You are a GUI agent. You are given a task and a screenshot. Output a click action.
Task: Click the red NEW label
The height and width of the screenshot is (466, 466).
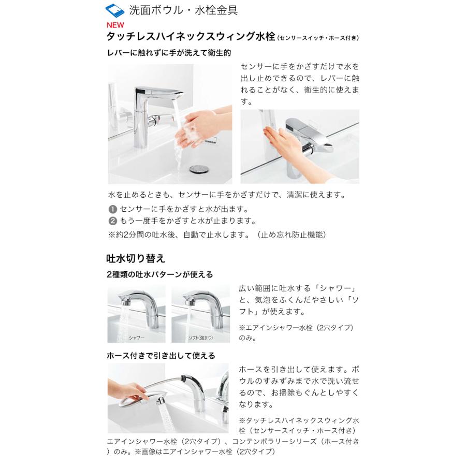click(x=115, y=25)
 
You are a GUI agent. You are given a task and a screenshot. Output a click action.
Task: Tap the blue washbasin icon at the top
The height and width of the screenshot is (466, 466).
click(x=115, y=11)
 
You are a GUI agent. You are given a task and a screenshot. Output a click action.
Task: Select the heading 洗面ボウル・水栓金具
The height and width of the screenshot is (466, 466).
click(x=183, y=10)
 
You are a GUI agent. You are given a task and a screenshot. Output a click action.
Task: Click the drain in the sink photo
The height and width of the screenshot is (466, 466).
click(x=196, y=169)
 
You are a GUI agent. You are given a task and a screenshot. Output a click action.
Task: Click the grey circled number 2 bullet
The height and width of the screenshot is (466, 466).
click(x=113, y=221)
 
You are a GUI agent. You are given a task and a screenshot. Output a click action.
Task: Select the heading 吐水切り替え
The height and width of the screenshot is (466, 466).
click(x=136, y=258)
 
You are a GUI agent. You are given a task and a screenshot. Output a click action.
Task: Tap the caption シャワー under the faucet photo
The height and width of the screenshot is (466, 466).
click(x=136, y=338)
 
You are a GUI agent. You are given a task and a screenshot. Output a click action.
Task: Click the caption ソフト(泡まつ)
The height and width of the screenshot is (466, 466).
click(x=200, y=338)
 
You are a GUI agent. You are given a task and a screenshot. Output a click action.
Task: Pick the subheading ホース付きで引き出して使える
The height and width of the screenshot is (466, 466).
click(x=161, y=355)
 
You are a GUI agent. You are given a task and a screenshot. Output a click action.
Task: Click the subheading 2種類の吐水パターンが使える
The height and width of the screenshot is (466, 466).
click(x=160, y=274)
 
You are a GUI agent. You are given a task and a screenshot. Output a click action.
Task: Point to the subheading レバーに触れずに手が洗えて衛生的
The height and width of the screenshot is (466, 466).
click(x=169, y=53)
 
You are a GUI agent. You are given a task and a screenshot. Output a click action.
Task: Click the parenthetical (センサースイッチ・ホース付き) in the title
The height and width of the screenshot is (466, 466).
click(x=318, y=38)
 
